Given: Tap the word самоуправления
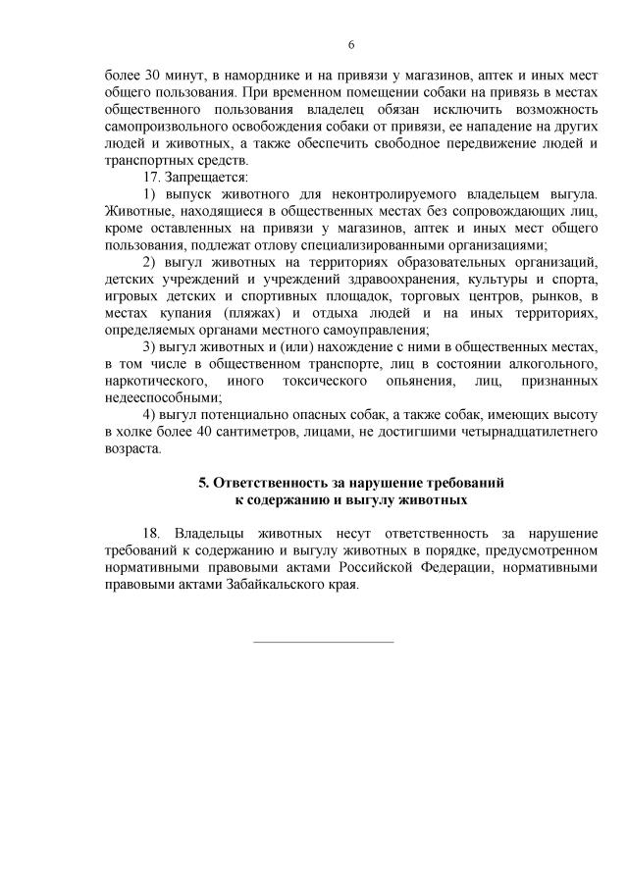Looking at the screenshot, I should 377,330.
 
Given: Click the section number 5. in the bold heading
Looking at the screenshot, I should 204,483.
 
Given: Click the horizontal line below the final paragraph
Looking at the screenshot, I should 324,642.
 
